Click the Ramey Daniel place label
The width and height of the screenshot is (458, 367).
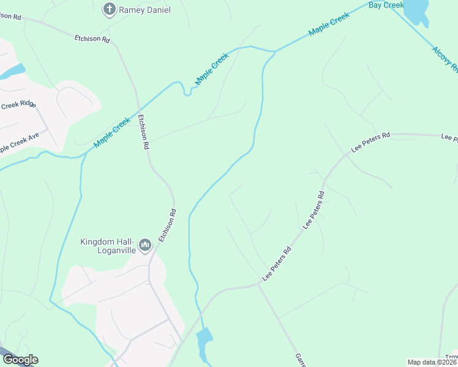(x=145, y=10)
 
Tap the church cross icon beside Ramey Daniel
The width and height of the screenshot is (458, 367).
(x=109, y=9)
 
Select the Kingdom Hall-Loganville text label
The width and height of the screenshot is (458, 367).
(x=108, y=245)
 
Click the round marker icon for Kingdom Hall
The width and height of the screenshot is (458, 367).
(x=145, y=246)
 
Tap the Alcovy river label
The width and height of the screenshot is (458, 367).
(x=445, y=60)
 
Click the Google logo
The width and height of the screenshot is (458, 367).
(x=20, y=360)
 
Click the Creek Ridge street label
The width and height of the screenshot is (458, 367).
(x=18, y=105)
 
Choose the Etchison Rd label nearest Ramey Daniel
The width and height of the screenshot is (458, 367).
(x=92, y=39)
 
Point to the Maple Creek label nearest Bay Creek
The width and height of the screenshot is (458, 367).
(x=329, y=24)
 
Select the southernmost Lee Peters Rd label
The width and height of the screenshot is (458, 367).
(x=277, y=264)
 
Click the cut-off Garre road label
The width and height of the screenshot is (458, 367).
(x=300, y=359)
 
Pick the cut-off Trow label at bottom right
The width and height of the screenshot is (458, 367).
(x=451, y=357)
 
